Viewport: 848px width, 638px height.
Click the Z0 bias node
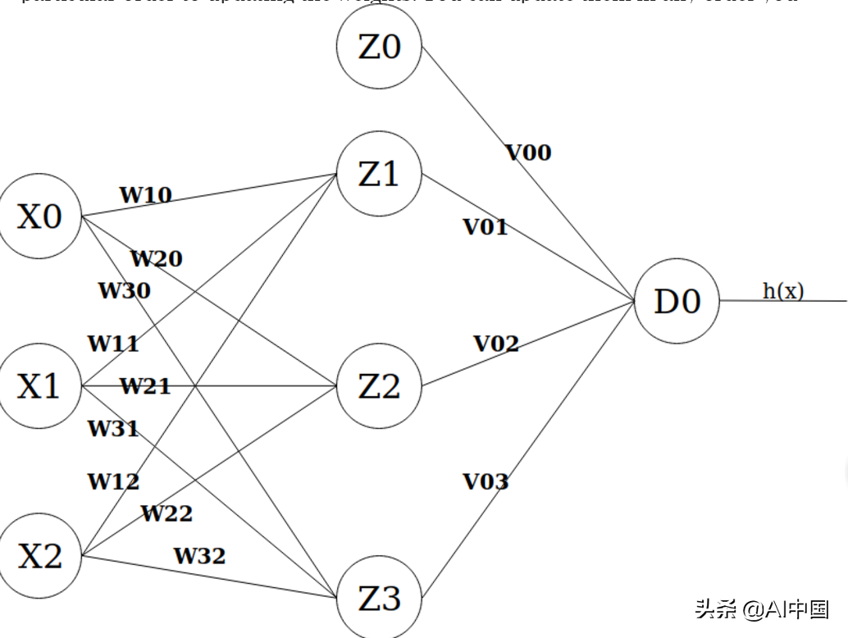pyautogui.click(x=379, y=47)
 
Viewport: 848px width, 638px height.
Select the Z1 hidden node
pyautogui.click(x=379, y=174)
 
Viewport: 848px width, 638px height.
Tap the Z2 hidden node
pyautogui.click(x=379, y=385)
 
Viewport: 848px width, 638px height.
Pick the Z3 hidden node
pyautogui.click(x=379, y=598)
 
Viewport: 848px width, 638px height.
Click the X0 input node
pyautogui.click(x=39, y=217)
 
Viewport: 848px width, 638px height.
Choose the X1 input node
pyautogui.click(x=39, y=385)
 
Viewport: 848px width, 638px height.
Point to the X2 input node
pyautogui.click(x=39, y=556)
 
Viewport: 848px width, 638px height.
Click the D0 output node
pyautogui.click(x=677, y=301)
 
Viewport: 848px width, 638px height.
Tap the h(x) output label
pyautogui.click(x=783, y=290)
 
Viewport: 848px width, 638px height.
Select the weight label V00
pyautogui.click(x=528, y=153)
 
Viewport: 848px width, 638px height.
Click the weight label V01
pyautogui.click(x=486, y=227)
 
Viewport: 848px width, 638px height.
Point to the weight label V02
pyautogui.click(x=496, y=344)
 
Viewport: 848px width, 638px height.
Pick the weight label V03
pyautogui.click(x=486, y=481)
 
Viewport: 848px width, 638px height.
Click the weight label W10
pyautogui.click(x=145, y=195)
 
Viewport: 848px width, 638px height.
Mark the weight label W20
pyautogui.click(x=156, y=259)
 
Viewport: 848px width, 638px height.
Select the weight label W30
pyautogui.click(x=124, y=290)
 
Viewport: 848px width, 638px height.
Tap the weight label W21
pyautogui.click(x=145, y=385)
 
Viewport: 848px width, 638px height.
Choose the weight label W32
pyautogui.click(x=198, y=556)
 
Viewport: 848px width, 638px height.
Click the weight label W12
pyautogui.click(x=113, y=481)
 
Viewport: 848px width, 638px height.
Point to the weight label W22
pyautogui.click(x=166, y=514)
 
